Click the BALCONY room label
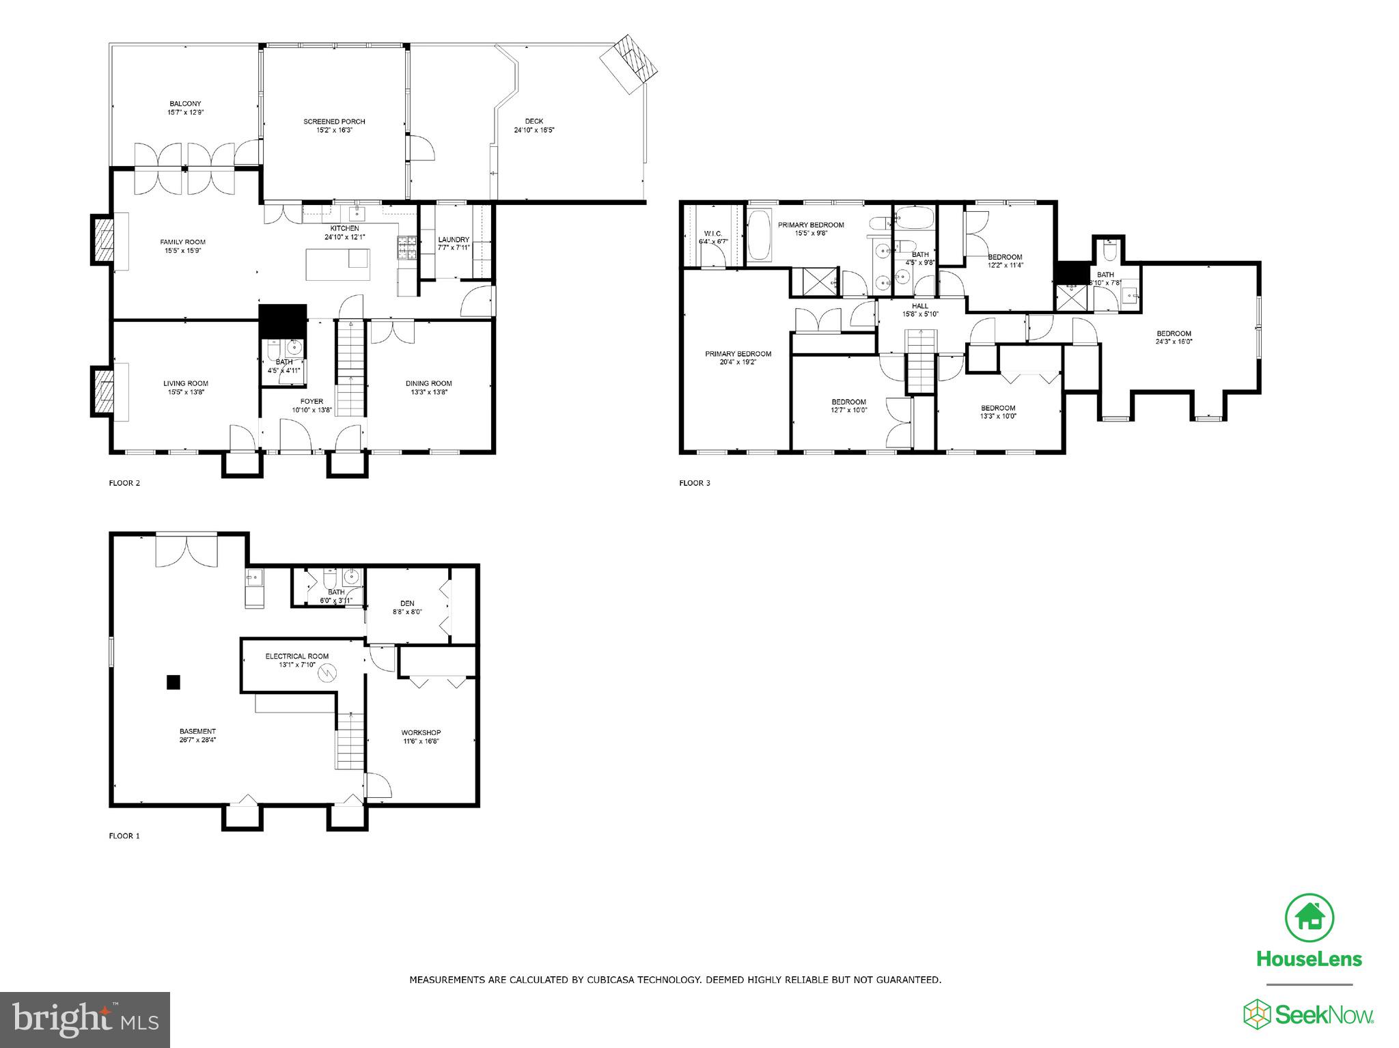click(x=185, y=104)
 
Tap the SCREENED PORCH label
click(x=334, y=122)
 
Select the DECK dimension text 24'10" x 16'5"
click(x=534, y=130)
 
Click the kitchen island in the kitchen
click(x=337, y=264)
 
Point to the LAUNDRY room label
click(x=453, y=240)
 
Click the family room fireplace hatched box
click(x=102, y=238)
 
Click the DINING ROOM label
click(x=428, y=383)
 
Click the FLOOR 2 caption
click(x=124, y=483)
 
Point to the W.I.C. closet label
click(x=712, y=234)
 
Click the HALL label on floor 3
click(x=920, y=306)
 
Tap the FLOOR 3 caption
click(x=694, y=483)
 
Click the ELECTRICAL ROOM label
click(x=297, y=657)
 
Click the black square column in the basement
click(x=174, y=682)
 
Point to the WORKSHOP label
click(x=421, y=732)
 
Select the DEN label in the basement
click(x=407, y=603)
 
